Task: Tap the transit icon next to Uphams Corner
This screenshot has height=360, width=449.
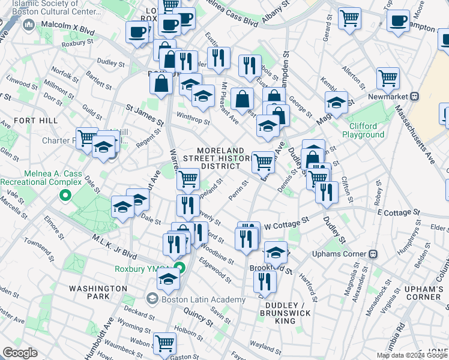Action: point(373,253)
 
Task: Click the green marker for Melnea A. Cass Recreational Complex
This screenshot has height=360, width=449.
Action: point(65,195)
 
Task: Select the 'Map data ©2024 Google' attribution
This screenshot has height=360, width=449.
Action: point(412,355)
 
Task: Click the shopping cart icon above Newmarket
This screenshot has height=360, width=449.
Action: point(388,78)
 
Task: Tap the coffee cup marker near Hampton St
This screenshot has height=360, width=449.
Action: point(397,22)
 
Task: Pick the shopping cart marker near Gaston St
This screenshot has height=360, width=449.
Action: point(164,343)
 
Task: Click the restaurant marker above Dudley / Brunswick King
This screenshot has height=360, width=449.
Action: point(264,280)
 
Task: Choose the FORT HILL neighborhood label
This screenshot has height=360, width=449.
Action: point(35,121)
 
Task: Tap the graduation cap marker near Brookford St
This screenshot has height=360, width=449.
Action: point(276,251)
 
